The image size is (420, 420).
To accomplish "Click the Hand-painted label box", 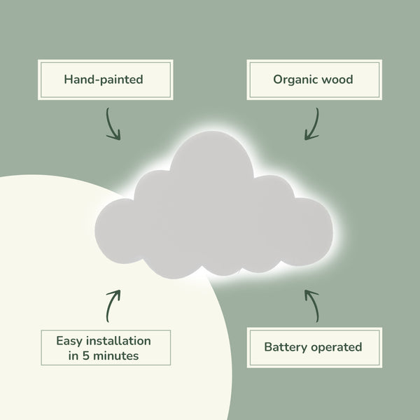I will (104, 80).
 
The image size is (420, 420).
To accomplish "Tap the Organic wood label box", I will (313, 80).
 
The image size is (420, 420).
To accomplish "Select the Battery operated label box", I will (313, 346).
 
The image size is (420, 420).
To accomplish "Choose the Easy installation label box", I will (104, 348).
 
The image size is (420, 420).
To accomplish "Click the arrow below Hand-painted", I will (112, 125).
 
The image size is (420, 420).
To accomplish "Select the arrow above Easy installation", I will (112, 305).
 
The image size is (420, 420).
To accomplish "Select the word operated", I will (336, 346).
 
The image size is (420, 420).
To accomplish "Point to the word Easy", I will (70, 341).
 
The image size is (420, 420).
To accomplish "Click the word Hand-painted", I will (104, 80).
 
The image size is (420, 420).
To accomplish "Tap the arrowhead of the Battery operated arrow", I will (309, 292).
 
